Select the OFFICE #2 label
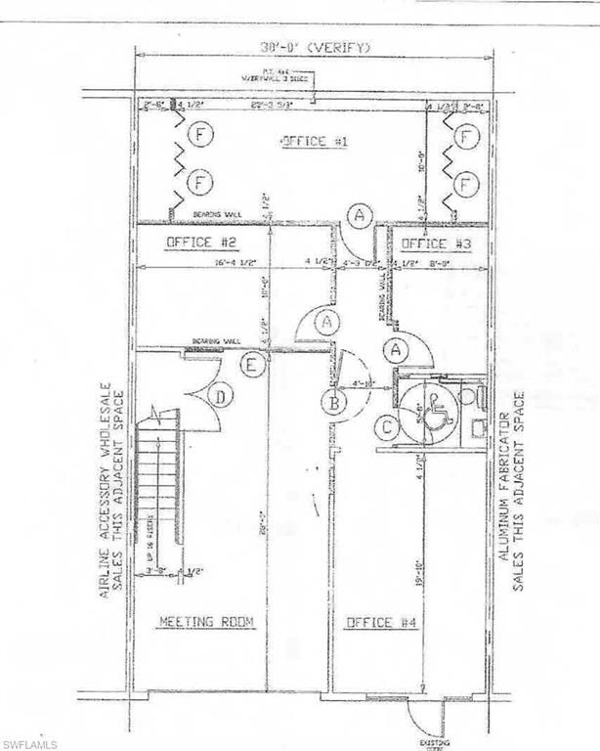tap(197, 242)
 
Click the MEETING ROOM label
tap(206, 621)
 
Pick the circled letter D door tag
tap(223, 396)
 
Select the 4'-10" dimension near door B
tap(363, 385)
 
